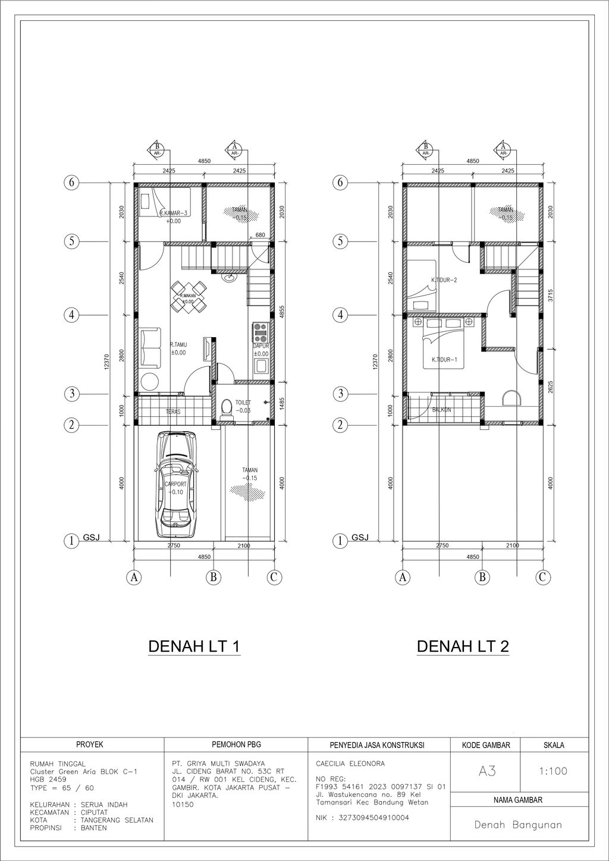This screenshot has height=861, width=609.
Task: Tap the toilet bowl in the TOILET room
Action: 225,408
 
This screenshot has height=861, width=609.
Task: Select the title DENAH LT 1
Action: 194,646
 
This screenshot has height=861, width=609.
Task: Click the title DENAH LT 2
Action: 463,646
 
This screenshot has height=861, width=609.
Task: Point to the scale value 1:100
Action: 553,771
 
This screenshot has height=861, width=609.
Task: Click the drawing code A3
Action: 486,771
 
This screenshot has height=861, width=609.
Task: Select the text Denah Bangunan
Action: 518,825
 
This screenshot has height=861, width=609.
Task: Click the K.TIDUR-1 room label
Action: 444,359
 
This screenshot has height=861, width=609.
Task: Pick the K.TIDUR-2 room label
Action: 444,279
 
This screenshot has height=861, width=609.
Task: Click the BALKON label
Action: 441,410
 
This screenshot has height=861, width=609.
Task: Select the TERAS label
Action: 173,411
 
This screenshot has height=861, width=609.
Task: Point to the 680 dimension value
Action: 260,235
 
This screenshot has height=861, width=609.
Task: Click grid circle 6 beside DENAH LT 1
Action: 71,183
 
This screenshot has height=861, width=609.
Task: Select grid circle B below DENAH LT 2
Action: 483,577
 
